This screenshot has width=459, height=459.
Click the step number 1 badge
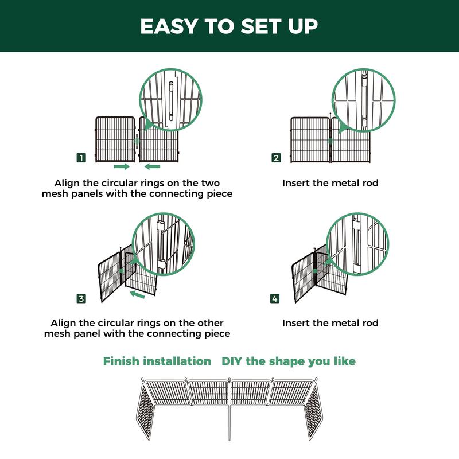(81, 158)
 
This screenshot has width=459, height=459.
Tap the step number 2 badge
(276, 158)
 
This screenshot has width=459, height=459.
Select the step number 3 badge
(81, 298)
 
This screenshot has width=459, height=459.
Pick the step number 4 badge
(275, 298)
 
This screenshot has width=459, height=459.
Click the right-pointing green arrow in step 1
(122, 166)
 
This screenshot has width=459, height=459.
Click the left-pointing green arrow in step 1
(152, 166)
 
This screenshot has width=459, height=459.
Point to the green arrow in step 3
(137, 294)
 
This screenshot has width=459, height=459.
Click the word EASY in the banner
(169, 26)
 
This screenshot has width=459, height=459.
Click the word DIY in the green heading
(232, 361)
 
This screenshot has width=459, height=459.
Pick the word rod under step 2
(370, 183)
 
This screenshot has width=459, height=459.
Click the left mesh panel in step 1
(115, 139)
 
